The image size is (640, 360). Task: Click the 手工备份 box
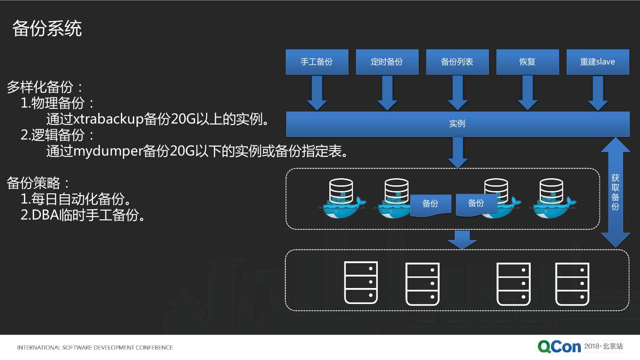316,62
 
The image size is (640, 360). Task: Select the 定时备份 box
387,62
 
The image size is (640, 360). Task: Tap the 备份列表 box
457,62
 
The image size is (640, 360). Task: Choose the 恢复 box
527,62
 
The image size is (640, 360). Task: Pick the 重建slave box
597,62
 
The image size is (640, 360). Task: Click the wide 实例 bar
457,124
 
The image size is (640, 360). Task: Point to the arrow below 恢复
528,93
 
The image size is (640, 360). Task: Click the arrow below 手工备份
317,93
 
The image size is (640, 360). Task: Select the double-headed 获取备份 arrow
615,192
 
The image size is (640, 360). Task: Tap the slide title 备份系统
47,28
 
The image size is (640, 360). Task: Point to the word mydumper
108,151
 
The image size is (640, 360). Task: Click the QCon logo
559,347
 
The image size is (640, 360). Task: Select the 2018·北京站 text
603,346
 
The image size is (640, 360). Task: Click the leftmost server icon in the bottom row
361,283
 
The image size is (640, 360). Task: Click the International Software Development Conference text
95,348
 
